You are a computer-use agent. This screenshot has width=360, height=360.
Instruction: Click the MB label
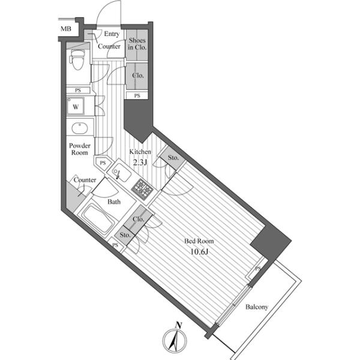[66, 29]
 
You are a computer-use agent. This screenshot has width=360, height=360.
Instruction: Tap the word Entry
[112, 34]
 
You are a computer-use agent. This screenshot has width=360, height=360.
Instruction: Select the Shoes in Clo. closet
[137, 45]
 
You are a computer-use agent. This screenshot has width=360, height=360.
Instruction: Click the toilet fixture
[77, 59]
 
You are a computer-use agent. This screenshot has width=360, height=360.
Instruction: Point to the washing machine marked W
[76, 106]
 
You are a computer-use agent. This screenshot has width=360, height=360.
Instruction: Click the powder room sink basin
[79, 128]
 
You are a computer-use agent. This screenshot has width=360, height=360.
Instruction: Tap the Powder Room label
[80, 149]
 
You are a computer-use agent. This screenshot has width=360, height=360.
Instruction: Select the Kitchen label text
[140, 152]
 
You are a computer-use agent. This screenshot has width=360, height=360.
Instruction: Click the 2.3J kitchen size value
[140, 163]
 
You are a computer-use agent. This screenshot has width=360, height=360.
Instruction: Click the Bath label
[114, 202]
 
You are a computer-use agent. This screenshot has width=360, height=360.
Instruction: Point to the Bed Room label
[199, 241]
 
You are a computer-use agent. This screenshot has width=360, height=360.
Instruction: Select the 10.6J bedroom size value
[199, 252]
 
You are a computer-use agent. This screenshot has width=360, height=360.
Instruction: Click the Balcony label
[257, 307]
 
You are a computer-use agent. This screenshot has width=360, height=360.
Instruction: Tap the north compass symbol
[175, 340]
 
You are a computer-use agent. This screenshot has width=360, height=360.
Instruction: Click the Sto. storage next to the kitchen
[173, 158]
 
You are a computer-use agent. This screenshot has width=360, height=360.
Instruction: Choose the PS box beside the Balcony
[257, 268]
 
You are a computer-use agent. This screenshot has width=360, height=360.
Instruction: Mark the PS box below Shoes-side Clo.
[137, 95]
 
